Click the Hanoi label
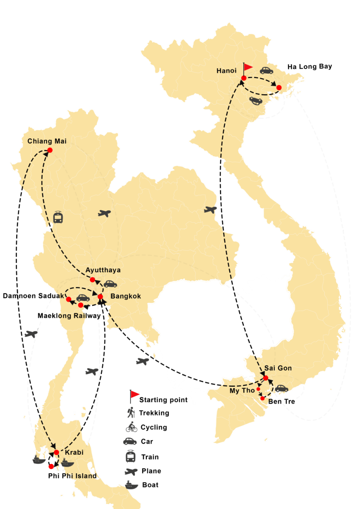pyautogui.click(x=226, y=71)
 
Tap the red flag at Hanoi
pyautogui.click(x=247, y=67)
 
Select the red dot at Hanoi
pyautogui.click(x=244, y=78)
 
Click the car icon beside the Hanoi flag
pyautogui.click(x=266, y=70)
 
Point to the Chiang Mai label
pyautogui.click(x=47, y=141)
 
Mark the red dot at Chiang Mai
pyautogui.click(x=50, y=150)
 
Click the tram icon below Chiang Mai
pyautogui.click(x=58, y=218)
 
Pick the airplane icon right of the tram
pyautogui.click(x=104, y=213)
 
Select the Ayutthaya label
pyautogui.click(x=103, y=270)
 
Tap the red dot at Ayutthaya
pyautogui.click(x=93, y=280)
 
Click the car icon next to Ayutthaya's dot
pyautogui.click(x=110, y=284)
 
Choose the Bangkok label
pyautogui.click(x=125, y=296)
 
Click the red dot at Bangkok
pyautogui.click(x=100, y=296)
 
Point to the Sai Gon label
pyautogui.click(x=278, y=368)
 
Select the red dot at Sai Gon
pyautogui.click(x=266, y=378)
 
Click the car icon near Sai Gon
pyautogui.click(x=281, y=389)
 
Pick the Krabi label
pyautogui.click(x=74, y=453)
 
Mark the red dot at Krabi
pyautogui.click(x=56, y=452)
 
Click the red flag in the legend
pyautogui.click(x=135, y=394)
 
